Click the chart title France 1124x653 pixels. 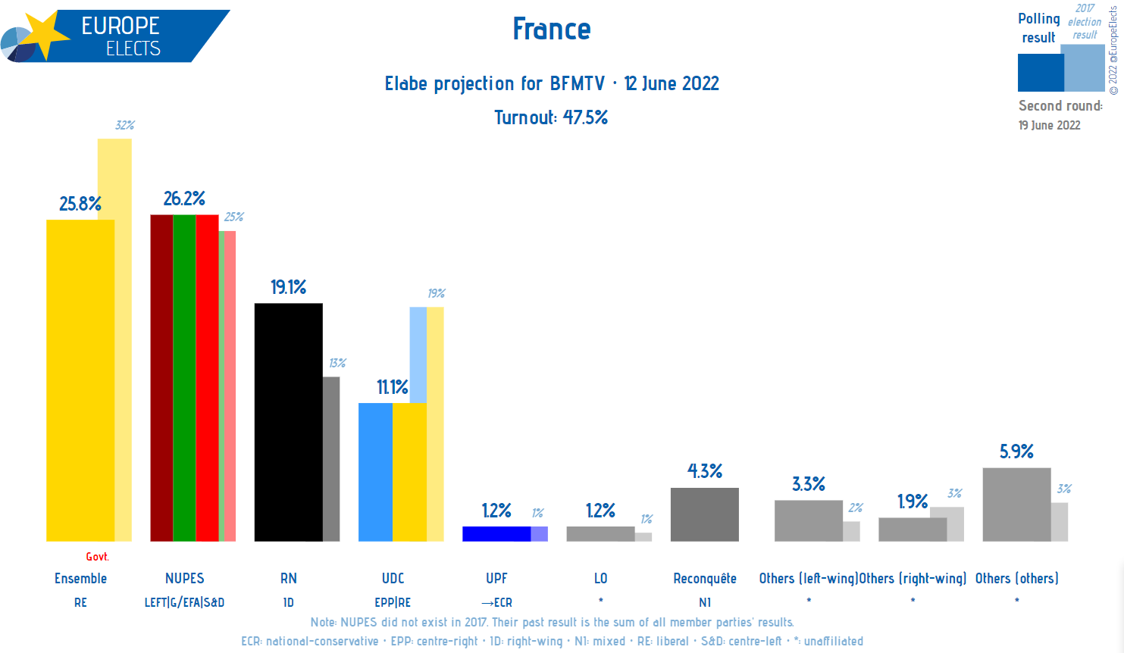coord(551,30)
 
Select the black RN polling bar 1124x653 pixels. coord(288,421)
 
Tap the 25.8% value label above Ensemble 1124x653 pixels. coord(80,204)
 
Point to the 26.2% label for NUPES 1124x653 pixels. coord(184,198)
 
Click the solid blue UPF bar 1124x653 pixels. coord(496,533)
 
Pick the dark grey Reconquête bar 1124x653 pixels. coord(704,514)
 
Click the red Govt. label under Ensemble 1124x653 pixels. coord(97,557)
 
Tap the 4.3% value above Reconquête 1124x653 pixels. coord(704,471)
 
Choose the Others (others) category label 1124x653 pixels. coord(1016,579)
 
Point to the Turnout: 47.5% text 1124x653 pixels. coord(551,117)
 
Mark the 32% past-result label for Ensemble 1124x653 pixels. coord(124,125)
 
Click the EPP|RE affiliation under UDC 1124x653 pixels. coord(393,603)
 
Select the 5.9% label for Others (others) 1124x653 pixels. coord(1016,451)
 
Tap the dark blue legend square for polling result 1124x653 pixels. coord(1040,73)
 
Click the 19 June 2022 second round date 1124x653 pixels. coord(1049,125)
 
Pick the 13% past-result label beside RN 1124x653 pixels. coord(337,363)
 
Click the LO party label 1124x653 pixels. coord(600,579)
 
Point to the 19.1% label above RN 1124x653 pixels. coord(288,287)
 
